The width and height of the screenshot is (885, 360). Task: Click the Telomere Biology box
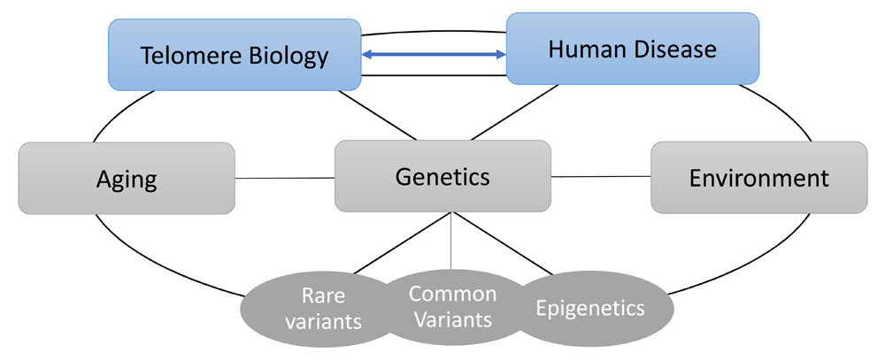click(x=235, y=55)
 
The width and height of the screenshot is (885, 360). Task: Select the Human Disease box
click(x=633, y=49)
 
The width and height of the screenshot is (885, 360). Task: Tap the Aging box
click(x=127, y=179)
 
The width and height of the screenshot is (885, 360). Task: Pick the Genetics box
click(x=442, y=177)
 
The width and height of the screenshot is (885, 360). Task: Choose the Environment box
click(x=759, y=178)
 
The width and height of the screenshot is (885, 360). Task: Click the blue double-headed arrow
click(x=434, y=55)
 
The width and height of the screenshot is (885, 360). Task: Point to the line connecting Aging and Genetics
click(x=285, y=179)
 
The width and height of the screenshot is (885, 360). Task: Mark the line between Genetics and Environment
click(x=601, y=177)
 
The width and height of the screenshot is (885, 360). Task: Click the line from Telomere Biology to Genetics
click(x=378, y=115)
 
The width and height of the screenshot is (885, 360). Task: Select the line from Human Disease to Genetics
click(x=515, y=112)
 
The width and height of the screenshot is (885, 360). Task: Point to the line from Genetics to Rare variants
click(x=403, y=244)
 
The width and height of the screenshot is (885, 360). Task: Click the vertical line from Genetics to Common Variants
click(x=451, y=241)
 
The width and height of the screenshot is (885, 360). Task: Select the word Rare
click(x=323, y=295)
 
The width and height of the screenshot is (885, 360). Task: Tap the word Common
click(x=452, y=294)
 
